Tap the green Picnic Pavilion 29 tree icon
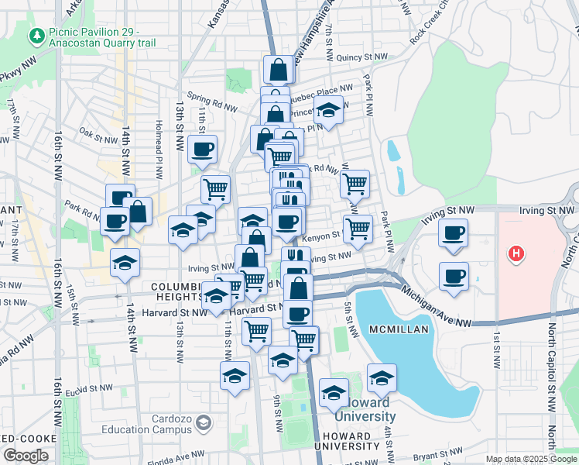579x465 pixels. [x=36, y=36]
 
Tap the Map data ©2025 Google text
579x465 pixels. [x=530, y=459]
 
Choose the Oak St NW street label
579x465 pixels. [x=97, y=133]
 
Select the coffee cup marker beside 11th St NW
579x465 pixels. [x=203, y=149]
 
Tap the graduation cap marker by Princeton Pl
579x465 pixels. [x=329, y=110]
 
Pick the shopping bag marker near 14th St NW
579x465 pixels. [x=138, y=211]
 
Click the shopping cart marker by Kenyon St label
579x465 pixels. [x=358, y=229]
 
